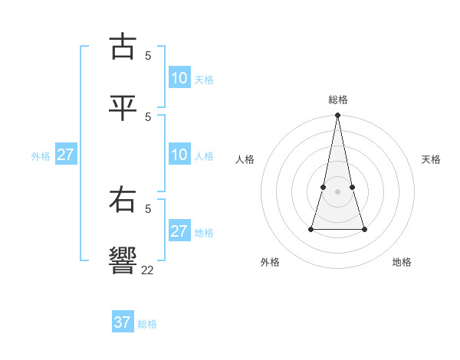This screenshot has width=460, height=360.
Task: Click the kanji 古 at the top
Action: [x=123, y=47]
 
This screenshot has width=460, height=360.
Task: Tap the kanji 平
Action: [x=123, y=108]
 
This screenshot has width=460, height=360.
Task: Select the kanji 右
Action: [x=123, y=201]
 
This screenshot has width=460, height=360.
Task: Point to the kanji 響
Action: [x=123, y=261]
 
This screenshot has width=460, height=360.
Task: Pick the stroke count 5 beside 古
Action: [x=148, y=55]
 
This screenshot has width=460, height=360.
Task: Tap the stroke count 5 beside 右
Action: [x=148, y=208]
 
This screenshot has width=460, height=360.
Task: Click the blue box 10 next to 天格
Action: [x=179, y=78]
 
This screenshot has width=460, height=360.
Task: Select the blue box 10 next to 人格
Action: [x=179, y=155]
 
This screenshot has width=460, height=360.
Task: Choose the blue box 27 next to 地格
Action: [x=179, y=231]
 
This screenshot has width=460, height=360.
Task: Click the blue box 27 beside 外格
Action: [x=66, y=155]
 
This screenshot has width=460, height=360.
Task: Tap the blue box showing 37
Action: [x=123, y=322]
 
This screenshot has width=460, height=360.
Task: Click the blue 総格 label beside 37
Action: [x=147, y=324]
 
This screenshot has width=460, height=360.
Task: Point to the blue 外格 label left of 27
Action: [x=41, y=155]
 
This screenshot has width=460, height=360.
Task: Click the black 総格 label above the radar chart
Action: [x=338, y=100]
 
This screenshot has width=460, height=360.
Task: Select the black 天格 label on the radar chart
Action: [x=431, y=159]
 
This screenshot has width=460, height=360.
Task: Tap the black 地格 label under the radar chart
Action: [x=402, y=262]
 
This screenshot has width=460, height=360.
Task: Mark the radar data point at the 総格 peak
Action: [x=338, y=116]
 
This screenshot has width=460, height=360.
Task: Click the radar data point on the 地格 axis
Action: [x=364, y=229]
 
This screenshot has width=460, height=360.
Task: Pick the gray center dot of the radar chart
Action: [x=338, y=191]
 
